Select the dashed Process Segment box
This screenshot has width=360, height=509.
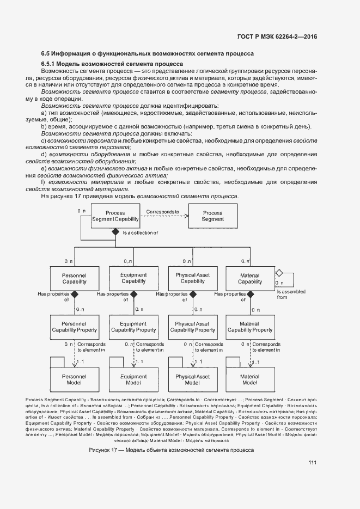pos(212,216)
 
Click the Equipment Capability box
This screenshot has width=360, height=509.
pos(133,278)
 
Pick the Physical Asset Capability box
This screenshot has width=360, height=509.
pos(192,278)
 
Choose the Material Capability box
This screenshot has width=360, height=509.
pos(249,278)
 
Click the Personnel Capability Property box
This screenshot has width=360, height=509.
pos(74,327)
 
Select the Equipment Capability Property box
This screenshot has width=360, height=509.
pos(133,327)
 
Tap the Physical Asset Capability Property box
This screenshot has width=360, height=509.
pos(192,327)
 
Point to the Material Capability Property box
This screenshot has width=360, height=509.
pos(249,327)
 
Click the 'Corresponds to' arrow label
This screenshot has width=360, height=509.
pos(162,211)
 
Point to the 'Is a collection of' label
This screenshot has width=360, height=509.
pos(140,232)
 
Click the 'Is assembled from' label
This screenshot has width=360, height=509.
pos(291,295)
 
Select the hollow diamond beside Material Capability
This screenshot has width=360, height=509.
pos(278,272)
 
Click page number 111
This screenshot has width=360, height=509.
pos(312,463)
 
